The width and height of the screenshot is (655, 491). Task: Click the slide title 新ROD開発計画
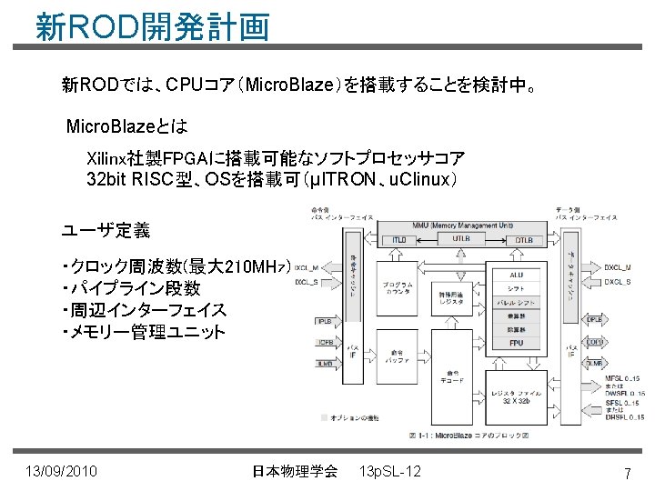click(152, 26)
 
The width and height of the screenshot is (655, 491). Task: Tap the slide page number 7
click(628, 474)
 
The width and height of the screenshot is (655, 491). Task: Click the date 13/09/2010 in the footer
click(62, 471)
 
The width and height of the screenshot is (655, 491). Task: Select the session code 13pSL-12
click(390, 471)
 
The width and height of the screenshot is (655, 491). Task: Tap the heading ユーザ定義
click(106, 230)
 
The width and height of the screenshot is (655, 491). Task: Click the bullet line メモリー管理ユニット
click(143, 332)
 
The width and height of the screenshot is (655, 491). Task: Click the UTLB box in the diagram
click(462, 239)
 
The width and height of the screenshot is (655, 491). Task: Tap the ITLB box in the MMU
click(400, 240)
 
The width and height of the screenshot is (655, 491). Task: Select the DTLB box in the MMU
click(524, 240)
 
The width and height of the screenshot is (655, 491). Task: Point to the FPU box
click(515, 344)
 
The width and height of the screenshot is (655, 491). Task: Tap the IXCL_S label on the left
click(307, 281)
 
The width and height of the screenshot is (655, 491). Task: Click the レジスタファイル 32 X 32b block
click(515, 394)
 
